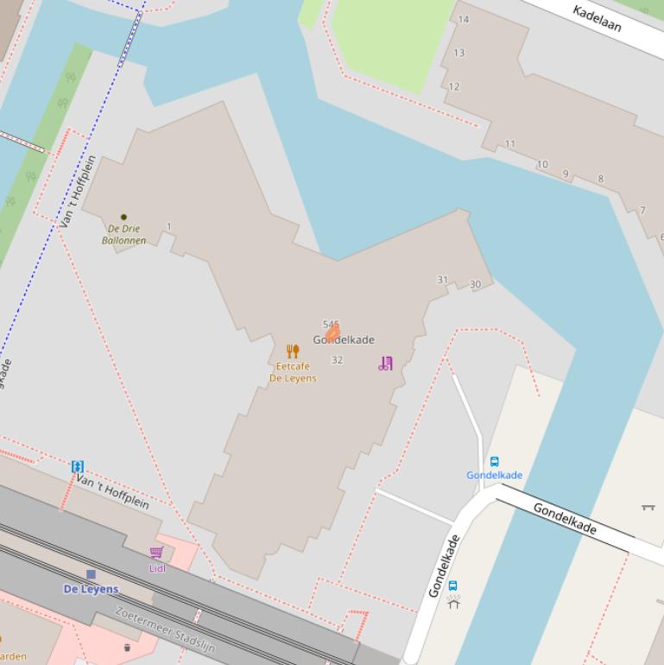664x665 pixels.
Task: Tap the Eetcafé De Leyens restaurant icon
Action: coord(293,351)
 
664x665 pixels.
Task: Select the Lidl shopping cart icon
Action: coord(156,553)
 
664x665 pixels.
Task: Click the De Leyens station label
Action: coord(91,589)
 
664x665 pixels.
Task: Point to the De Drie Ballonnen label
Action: coord(123,234)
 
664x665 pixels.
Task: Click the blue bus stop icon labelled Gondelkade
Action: coord(495,461)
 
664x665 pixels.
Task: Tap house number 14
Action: coord(464,19)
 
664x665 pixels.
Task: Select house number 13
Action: coord(458,53)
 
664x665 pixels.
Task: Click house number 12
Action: coord(454,86)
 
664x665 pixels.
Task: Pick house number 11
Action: coord(510,144)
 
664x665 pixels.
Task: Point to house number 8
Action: coord(601,180)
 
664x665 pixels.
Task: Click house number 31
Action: coord(443,280)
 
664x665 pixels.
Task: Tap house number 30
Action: coord(475,285)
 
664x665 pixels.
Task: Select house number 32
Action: coord(337,360)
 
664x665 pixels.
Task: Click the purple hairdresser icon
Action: coord(385,364)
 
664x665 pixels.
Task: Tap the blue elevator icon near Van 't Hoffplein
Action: coord(78,466)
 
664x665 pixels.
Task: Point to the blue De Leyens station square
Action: coord(91,574)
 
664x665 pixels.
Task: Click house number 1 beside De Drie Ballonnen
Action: coord(169,227)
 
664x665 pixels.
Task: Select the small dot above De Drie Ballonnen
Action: coord(123,217)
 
